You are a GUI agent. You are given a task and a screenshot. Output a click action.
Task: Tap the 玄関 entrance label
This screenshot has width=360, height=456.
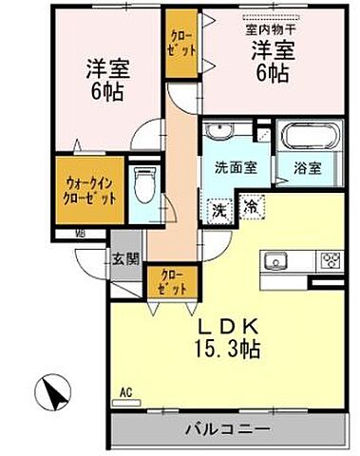tap(126, 257)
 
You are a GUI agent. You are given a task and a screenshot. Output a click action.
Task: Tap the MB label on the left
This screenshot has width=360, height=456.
tap(81, 233)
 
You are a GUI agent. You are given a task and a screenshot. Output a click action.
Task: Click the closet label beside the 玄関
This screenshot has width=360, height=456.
tap(167, 281)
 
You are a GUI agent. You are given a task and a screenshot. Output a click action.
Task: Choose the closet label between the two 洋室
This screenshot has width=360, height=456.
tap(180, 44)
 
